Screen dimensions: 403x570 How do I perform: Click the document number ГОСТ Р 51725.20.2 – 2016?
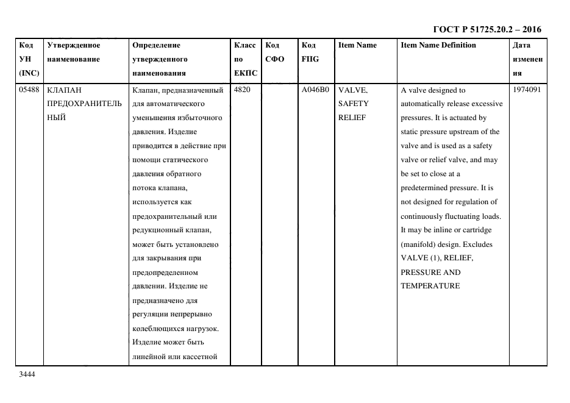coord(486,29)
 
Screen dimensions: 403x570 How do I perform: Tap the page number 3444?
coord(27,375)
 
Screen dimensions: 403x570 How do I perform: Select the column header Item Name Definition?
coord(438,46)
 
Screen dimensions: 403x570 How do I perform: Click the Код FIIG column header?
coord(309,52)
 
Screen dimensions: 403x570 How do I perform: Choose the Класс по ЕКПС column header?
coord(245,59)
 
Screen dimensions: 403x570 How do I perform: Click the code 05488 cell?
coord(29,90)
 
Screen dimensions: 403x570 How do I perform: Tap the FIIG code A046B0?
coord(315,90)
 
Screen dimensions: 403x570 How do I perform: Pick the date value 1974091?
coord(527,90)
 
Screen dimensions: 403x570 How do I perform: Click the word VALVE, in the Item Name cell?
coord(353,90)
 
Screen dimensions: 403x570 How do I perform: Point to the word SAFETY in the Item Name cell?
coord(354,104)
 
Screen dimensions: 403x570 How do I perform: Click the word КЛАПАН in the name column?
coord(64,90)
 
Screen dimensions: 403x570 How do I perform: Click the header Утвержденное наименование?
coord(74,52)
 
